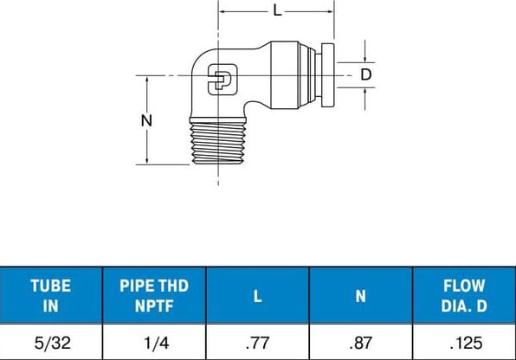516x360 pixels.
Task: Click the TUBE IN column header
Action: pos(51,294)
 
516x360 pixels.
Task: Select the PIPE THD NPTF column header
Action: pos(154,294)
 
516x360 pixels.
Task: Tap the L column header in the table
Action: pos(257,295)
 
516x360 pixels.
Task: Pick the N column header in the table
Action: pos(360,295)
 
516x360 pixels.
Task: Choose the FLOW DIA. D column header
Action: pos(463,294)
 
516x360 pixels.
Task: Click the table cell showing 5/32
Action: pos(51,342)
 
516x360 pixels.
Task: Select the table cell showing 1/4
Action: pos(154,342)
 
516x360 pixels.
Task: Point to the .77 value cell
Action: pos(257,342)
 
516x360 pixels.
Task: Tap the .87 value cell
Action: pos(360,342)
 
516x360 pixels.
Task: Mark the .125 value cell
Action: pos(463,342)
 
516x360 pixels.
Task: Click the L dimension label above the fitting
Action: pos(276,11)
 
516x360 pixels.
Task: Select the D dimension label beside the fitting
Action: pos(365,75)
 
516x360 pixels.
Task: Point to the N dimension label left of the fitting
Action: pos(146,120)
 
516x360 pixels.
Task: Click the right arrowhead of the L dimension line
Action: pos(329,11)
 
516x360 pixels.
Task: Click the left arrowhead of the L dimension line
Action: pos(223,11)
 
